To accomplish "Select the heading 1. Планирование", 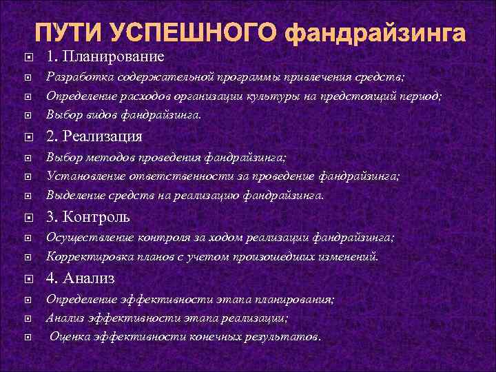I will click(105, 56).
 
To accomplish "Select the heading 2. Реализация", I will click(94, 136).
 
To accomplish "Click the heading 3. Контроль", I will click(89, 217).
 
